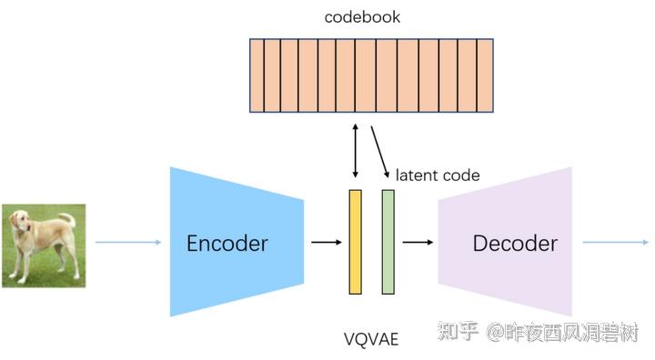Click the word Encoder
pyautogui.click(x=227, y=243)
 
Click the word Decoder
pyautogui.click(x=514, y=243)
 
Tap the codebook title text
pyautogui.click(x=362, y=16)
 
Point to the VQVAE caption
pyautogui.click(x=371, y=339)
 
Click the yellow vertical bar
pyautogui.click(x=355, y=242)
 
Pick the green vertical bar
pyautogui.click(x=388, y=242)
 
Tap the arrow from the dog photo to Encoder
pyautogui.click(x=127, y=243)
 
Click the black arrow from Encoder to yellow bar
pyautogui.click(x=326, y=243)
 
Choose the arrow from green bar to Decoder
pyautogui.click(x=418, y=243)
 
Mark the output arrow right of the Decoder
pyautogui.click(x=615, y=243)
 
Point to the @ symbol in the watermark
pyautogui.click(x=495, y=333)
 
